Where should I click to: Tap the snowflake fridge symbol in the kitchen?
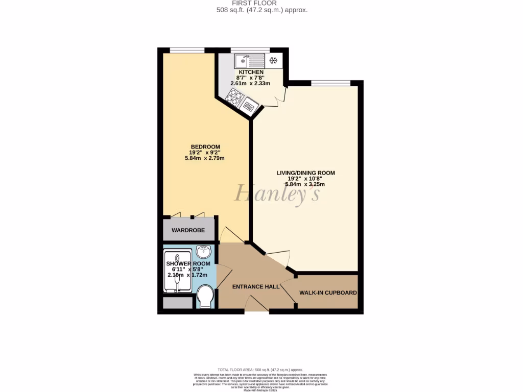[x=273, y=61]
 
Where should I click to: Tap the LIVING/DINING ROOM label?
[x=305, y=173]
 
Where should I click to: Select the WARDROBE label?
[x=188, y=230]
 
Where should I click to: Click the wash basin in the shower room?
[x=204, y=252]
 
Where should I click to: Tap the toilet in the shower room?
[x=205, y=297]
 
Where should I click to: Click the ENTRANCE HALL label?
[x=256, y=287]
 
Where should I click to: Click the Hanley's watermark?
[x=277, y=193]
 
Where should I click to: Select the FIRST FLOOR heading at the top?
[x=261, y=3]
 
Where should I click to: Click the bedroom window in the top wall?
[x=187, y=50]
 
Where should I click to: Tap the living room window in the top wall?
[x=330, y=83]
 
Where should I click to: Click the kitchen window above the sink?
[x=250, y=50]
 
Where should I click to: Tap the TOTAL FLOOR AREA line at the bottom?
[x=260, y=370]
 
